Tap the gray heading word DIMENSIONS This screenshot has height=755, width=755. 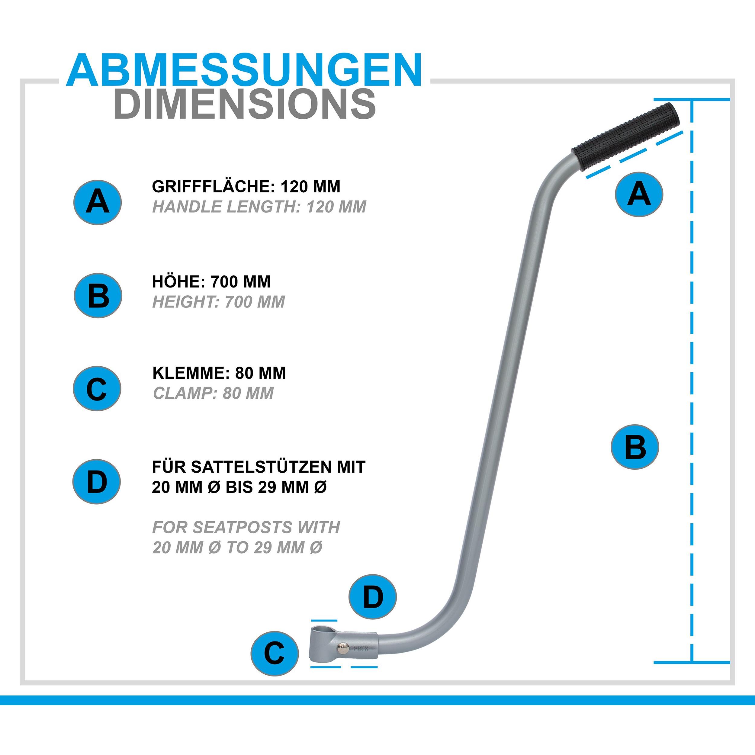point(245,104)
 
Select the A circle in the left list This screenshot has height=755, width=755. point(98,202)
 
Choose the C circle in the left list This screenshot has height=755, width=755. point(97,388)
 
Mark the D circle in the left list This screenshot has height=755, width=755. point(97,481)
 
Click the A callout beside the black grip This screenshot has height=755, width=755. point(639,194)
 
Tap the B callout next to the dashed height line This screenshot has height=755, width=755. point(635,447)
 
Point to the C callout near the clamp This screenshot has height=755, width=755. point(274,654)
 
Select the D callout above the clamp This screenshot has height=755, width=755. point(373,597)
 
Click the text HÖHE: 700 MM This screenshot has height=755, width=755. point(211,282)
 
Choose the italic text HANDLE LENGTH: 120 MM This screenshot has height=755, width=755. point(259,207)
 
